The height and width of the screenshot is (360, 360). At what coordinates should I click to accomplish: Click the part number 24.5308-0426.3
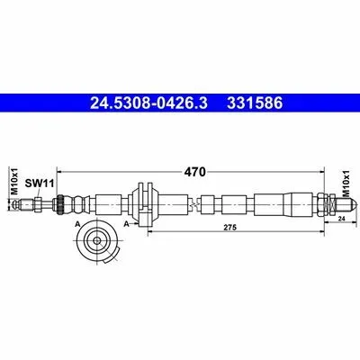[148, 103]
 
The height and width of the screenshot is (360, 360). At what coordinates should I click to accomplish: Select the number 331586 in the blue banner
[255, 103]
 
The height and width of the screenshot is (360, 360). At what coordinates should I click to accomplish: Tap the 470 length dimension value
[195, 172]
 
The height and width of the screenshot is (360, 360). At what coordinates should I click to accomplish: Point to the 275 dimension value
[230, 227]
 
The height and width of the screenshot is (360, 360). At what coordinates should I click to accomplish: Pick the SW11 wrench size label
[39, 183]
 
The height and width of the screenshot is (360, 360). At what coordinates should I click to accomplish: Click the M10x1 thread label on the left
[15, 182]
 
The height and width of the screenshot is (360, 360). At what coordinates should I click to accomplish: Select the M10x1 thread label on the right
[346, 183]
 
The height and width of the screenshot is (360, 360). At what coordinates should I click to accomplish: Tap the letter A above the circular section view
[78, 224]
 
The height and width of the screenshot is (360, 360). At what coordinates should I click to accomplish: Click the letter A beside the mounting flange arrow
[127, 223]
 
